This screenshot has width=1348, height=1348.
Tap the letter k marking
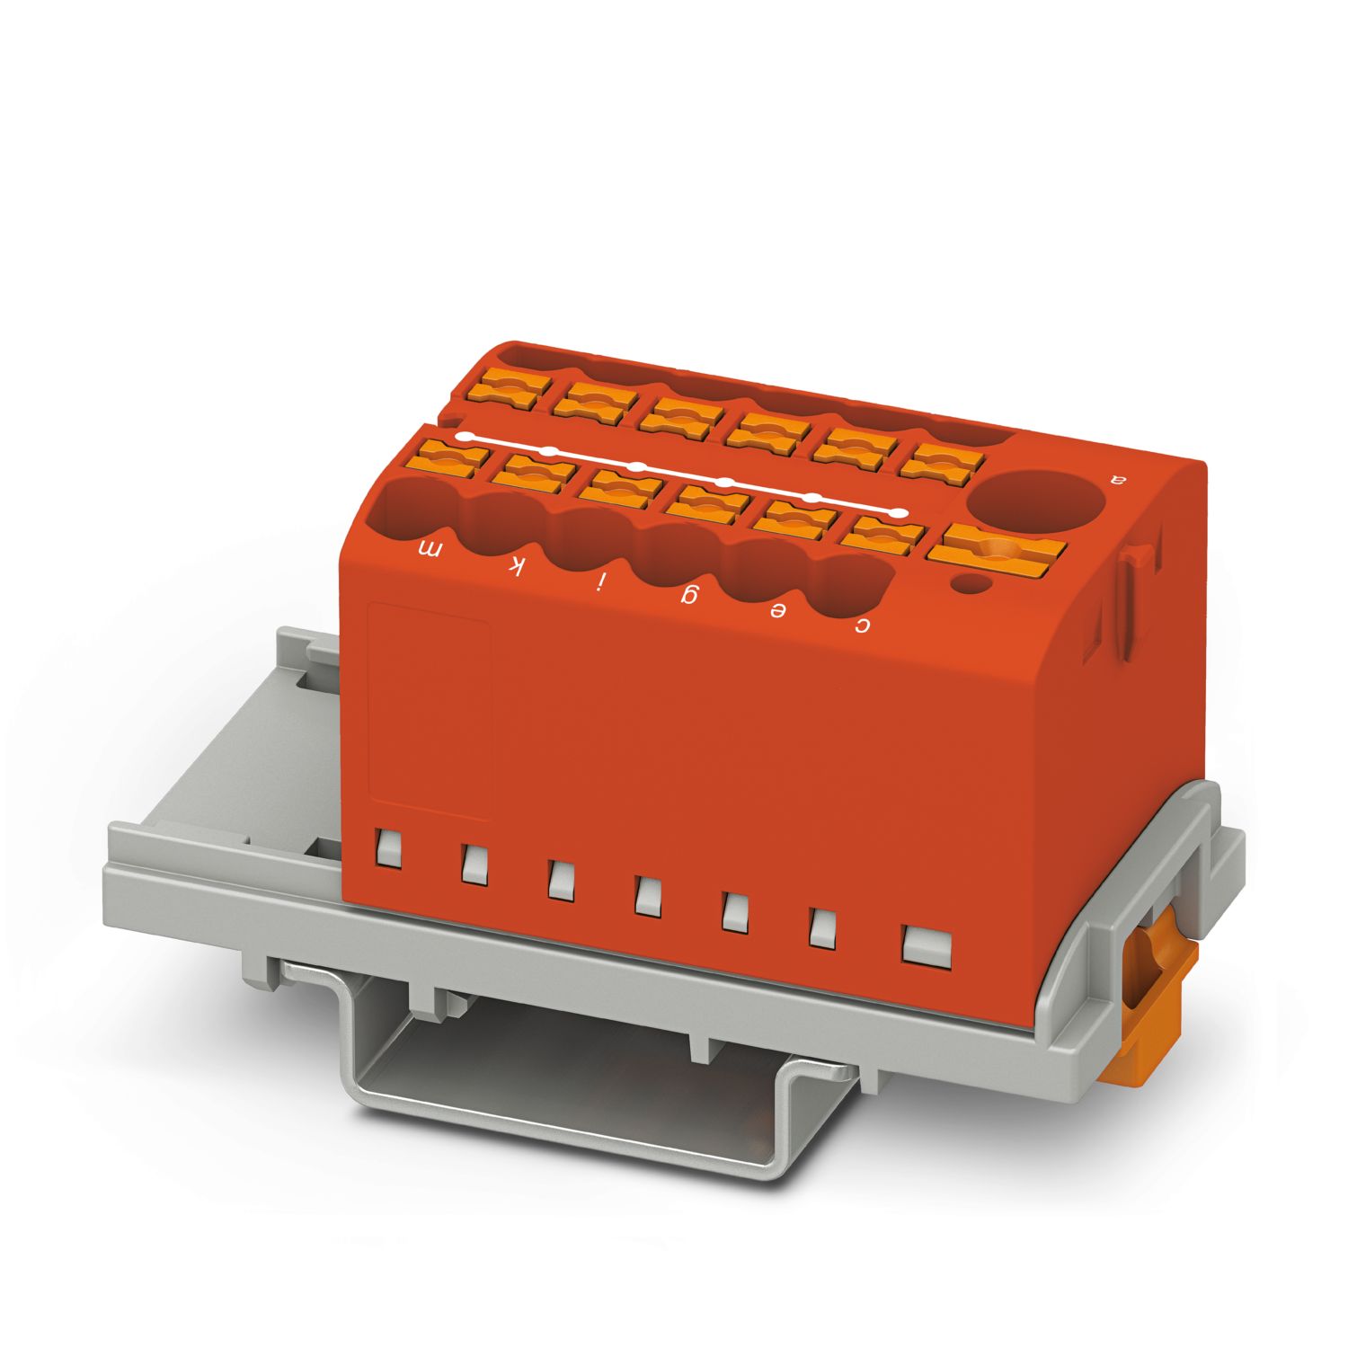(516, 565)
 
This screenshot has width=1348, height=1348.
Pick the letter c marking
(862, 625)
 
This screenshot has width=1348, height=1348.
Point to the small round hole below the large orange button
(970, 586)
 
